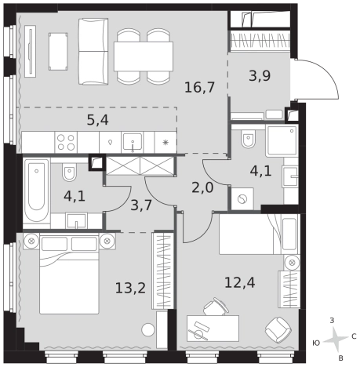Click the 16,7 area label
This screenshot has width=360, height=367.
(199, 87)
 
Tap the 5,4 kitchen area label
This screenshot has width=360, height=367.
(97, 120)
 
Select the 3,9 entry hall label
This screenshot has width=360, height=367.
(260, 76)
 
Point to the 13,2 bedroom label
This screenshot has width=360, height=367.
(130, 289)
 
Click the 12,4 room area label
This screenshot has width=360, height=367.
(240, 282)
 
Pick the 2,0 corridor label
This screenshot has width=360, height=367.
(202, 187)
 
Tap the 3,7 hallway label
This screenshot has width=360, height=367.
(141, 205)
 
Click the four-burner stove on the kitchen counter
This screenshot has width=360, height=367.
(66, 142)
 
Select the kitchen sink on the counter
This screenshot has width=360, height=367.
(133, 143)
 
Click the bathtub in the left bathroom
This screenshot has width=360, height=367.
(36, 190)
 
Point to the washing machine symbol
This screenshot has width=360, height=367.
(242, 199)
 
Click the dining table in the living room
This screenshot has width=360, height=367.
(144, 56)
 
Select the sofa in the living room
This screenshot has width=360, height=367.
(93, 52)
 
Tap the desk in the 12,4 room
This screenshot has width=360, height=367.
(213, 329)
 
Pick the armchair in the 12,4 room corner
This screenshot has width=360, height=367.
(278, 330)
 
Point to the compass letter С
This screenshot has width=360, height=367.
(354, 336)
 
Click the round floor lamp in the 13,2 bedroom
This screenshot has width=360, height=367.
(148, 330)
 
